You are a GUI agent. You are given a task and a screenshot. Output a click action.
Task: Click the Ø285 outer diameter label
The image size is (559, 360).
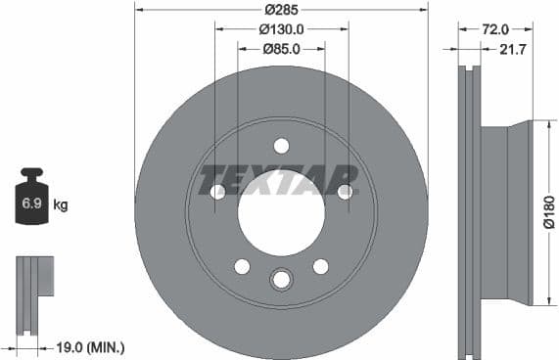pyautogui.click(x=281, y=10)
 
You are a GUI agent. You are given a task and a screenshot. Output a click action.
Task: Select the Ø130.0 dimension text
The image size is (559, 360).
pyautogui.click(x=281, y=29)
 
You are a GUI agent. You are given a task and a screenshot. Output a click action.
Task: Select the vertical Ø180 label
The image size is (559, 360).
pyautogui.click(x=549, y=212)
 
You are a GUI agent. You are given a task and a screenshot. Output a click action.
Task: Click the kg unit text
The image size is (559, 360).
pyautogui.click(x=60, y=205)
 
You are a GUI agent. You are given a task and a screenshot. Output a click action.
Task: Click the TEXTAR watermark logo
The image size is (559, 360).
pyautogui.click(x=280, y=180)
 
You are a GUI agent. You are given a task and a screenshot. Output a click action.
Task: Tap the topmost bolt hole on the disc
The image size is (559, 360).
pyautogui.click(x=281, y=146)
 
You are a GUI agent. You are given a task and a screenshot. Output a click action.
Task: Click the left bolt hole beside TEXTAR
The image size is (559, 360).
pyautogui.click(x=217, y=192)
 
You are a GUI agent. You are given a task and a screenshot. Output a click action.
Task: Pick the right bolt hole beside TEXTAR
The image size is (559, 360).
pyautogui.click(x=345, y=192)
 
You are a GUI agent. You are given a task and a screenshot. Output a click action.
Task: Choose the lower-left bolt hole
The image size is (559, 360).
pyautogui.click(x=242, y=266)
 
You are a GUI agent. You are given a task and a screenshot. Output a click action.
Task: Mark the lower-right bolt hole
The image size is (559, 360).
pyautogui.click(x=320, y=266)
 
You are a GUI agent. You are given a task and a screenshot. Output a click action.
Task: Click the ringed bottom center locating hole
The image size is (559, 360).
pyautogui.click(x=281, y=280)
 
